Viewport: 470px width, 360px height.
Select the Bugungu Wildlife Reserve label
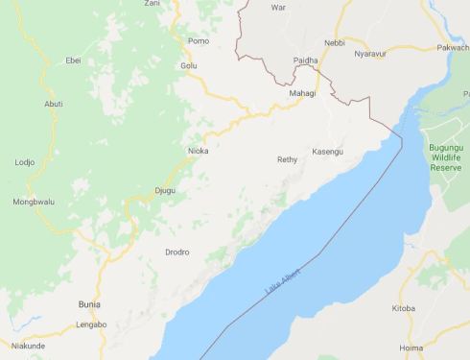pyautogui.click(x=445, y=154)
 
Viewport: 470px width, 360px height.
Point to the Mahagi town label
pyautogui.click(x=301, y=93)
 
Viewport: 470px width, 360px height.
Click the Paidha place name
pyautogui.click(x=305, y=60)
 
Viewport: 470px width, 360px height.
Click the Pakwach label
pyautogui.click(x=453, y=47)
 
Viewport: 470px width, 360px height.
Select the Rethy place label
pyautogui.click(x=287, y=159)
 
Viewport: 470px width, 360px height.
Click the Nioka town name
pyautogui.click(x=198, y=151)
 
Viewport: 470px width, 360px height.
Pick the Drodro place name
pyautogui.click(x=176, y=252)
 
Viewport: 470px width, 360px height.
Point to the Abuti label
pyautogui.click(x=54, y=104)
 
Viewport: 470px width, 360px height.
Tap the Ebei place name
pyautogui.click(x=72, y=60)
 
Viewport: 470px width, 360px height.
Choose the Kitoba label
pyautogui.click(x=404, y=308)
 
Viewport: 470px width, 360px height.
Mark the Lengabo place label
pyautogui.click(x=91, y=325)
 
